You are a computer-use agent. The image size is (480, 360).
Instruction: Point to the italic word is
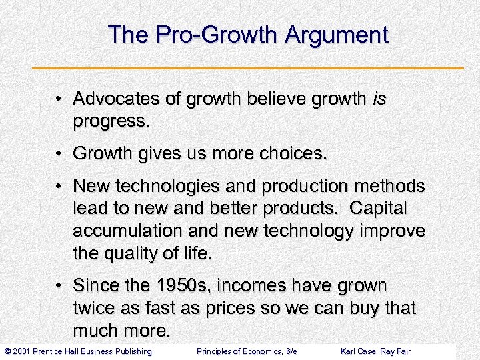[379, 99]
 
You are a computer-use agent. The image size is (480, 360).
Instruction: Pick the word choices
[292, 155]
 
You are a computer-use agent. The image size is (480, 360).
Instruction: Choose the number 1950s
[171, 286]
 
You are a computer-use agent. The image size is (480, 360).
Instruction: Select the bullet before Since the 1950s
[61, 287]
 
